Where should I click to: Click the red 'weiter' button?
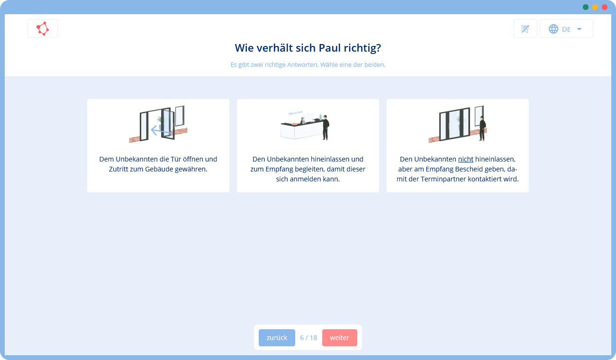tap(340, 337)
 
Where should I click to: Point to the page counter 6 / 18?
tap(308, 338)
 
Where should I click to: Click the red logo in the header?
tap(43, 28)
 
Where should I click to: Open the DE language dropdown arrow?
tap(579, 29)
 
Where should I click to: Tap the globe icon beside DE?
tap(553, 29)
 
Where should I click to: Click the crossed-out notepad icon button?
tap(525, 28)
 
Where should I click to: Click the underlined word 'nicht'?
tap(466, 159)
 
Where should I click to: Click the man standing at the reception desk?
tap(326, 127)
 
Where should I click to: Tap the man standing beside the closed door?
tap(482, 129)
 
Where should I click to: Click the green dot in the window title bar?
tap(586, 7)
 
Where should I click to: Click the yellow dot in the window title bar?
tap(595, 7)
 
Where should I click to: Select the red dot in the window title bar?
tap(605, 7)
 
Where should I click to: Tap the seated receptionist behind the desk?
tap(303, 121)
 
